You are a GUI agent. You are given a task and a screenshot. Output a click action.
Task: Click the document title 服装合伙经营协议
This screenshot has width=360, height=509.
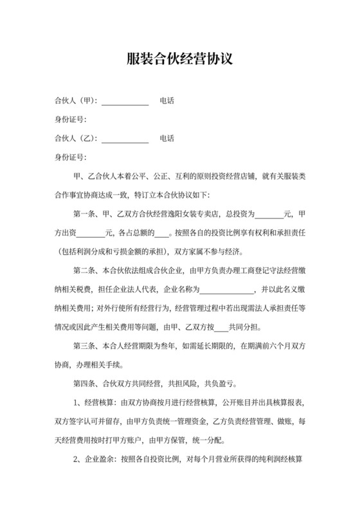(x=179, y=60)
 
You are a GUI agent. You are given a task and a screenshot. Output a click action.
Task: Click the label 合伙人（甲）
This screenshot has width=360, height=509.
(x=75, y=102)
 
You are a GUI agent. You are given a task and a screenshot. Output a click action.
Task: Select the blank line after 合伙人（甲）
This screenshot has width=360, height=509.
(x=125, y=102)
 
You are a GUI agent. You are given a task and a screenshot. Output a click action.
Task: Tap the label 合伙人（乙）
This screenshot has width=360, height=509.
(x=75, y=139)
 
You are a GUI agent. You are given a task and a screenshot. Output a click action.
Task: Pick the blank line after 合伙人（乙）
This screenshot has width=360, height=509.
(x=125, y=139)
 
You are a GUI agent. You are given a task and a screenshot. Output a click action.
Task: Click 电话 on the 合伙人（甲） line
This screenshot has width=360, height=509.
(x=167, y=102)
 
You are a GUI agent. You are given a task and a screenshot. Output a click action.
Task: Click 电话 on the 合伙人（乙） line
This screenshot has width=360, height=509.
(x=167, y=139)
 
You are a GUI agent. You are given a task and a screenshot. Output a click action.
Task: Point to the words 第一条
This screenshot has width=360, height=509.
(x=87, y=214)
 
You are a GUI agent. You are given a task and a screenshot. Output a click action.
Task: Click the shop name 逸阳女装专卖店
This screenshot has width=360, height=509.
(x=189, y=214)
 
